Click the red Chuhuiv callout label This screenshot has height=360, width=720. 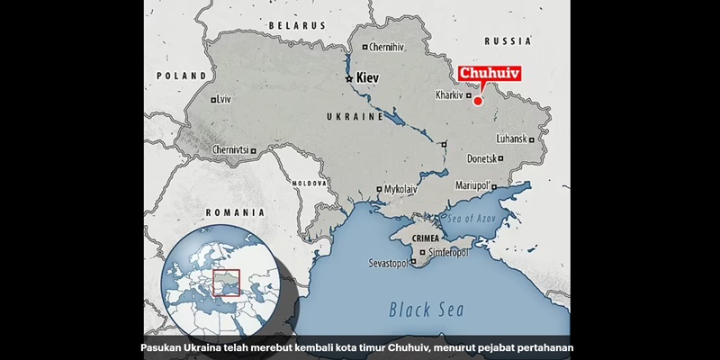pyautogui.click(x=490, y=75)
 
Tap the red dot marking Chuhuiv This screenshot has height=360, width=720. pyautogui.click(x=478, y=101)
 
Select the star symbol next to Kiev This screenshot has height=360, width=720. pyautogui.click(x=349, y=80)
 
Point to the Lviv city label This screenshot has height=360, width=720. pyautogui.click(x=224, y=99)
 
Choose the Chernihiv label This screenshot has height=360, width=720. pyautogui.click(x=388, y=46)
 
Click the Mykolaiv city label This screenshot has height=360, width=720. pyautogui.click(x=400, y=190)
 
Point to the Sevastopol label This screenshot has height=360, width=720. pyautogui.click(x=387, y=264)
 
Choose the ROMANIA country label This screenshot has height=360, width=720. pyautogui.click(x=235, y=211)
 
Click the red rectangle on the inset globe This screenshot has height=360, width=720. pyautogui.click(x=227, y=283)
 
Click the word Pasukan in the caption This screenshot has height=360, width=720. pyautogui.click(x=166, y=347)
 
